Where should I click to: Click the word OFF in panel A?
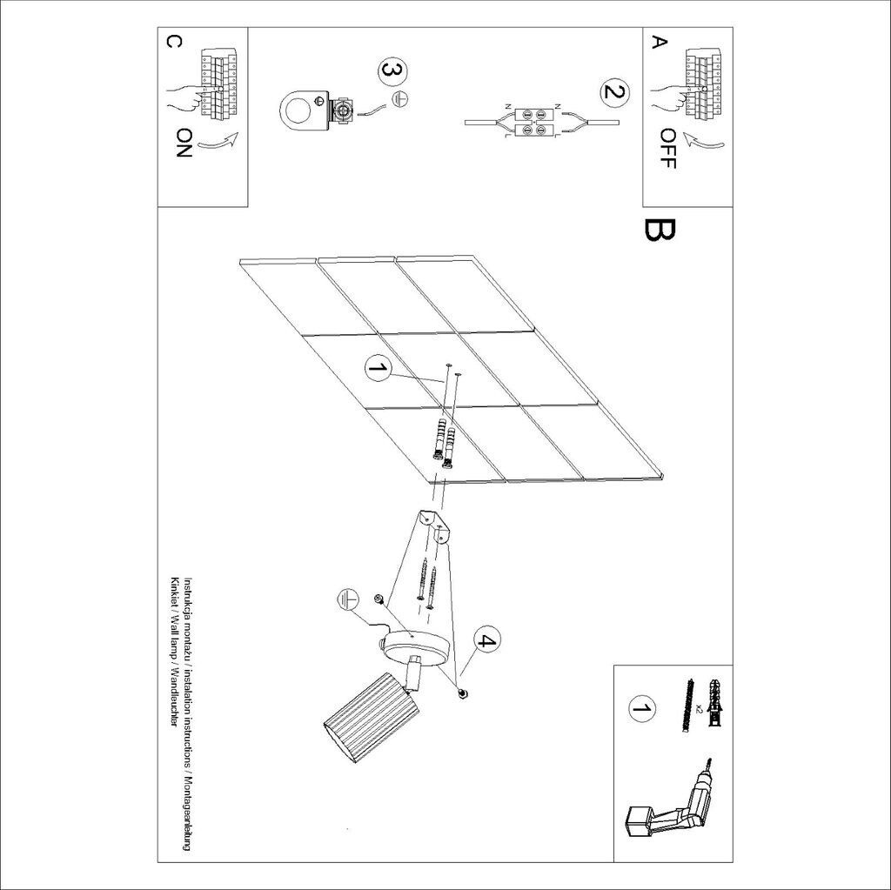[x=668, y=149]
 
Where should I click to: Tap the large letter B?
[x=660, y=230]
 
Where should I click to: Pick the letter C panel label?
[x=173, y=42]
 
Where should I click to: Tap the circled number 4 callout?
[x=484, y=640]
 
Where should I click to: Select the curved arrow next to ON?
[x=219, y=141]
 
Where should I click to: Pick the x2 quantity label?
[x=700, y=707]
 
